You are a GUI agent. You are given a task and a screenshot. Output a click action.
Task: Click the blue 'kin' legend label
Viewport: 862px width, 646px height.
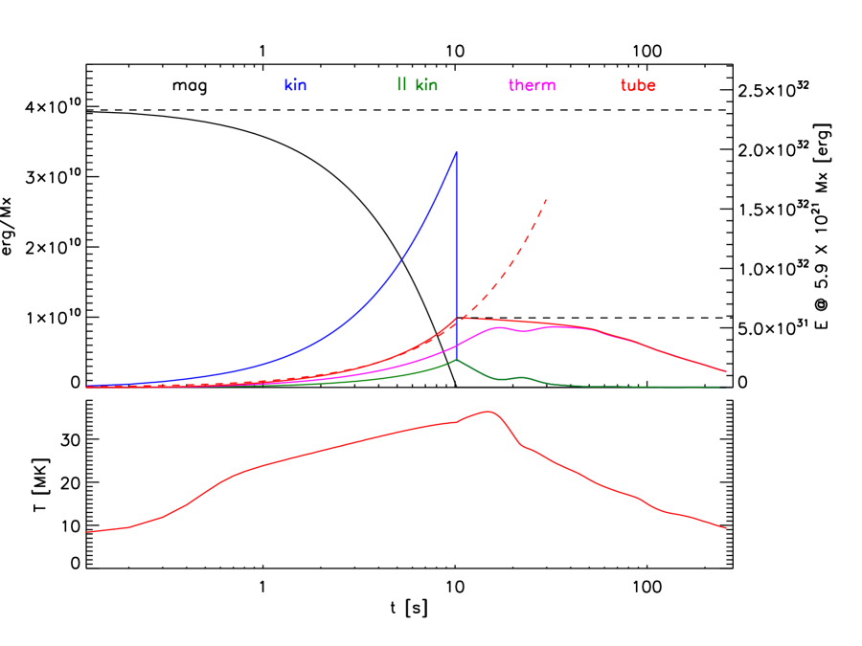[x=295, y=85]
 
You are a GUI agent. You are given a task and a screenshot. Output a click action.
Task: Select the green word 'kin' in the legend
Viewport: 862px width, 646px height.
[x=426, y=85]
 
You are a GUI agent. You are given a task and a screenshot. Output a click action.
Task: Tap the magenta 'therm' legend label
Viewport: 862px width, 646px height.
[x=532, y=85]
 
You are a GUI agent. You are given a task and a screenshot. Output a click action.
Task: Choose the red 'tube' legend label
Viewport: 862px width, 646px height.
[x=638, y=85]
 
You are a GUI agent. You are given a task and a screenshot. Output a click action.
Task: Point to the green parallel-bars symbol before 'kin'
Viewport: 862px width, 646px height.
[x=401, y=84]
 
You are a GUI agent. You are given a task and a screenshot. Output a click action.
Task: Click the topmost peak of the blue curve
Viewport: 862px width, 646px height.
[x=456, y=151]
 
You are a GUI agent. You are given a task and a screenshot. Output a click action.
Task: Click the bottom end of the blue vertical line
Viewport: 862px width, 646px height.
[x=457, y=360]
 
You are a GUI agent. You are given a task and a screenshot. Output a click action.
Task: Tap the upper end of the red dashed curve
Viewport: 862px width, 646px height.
[x=546, y=199]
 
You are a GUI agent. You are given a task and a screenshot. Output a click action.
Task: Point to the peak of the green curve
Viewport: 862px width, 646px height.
[x=457, y=360]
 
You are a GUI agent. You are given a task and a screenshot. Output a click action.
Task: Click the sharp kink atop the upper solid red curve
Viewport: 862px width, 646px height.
[x=458, y=317]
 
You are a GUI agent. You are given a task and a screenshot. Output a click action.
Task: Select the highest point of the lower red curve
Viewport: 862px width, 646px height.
[x=489, y=412]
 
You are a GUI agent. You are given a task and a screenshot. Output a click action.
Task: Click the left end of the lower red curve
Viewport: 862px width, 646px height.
[x=88, y=532]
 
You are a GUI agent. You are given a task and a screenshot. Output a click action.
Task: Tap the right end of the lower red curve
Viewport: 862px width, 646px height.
[x=726, y=527]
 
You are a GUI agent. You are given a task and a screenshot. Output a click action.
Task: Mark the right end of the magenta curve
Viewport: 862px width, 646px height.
[x=726, y=371]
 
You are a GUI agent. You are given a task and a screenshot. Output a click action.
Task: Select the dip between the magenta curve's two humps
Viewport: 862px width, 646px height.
[x=523, y=332]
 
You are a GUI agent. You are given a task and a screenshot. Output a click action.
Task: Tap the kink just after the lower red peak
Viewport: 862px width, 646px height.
[x=522, y=445]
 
